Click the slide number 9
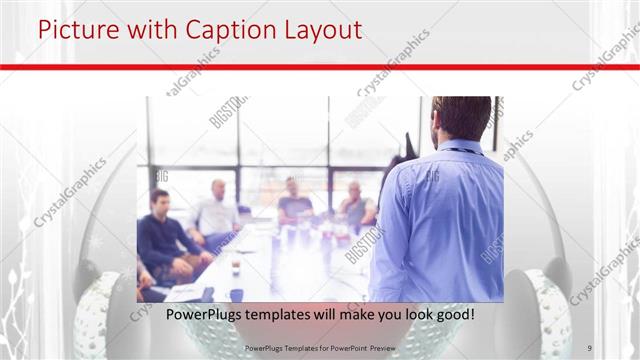(590, 348)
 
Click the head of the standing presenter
(461, 118)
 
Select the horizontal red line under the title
(320, 66)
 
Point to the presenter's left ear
(437, 124)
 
